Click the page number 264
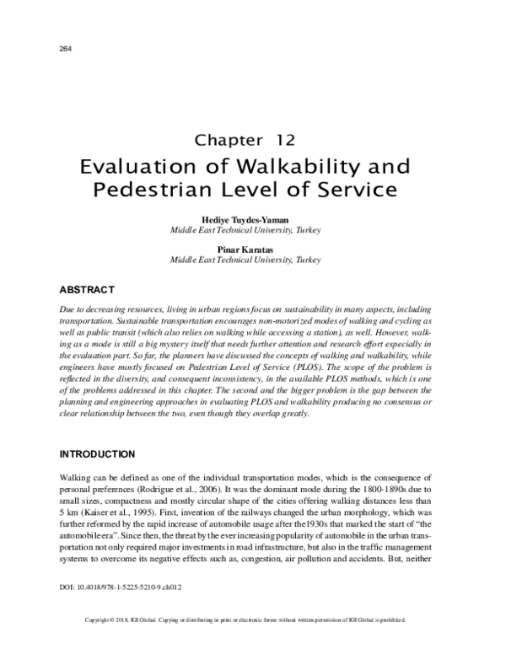(64, 48)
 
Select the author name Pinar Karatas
(253, 250)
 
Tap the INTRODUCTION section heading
(100, 453)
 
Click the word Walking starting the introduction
(73, 478)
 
